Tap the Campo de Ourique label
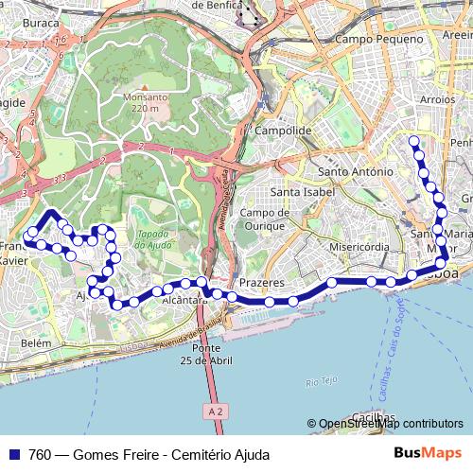pyautogui.click(x=263, y=219)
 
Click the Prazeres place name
pyautogui.click(x=262, y=283)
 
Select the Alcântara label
pyautogui.click(x=184, y=300)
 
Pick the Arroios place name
pyautogui.click(x=437, y=98)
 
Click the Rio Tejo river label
pyautogui.click(x=322, y=382)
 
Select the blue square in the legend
pyautogui.click(x=15, y=454)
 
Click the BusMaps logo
pyautogui.click(x=427, y=453)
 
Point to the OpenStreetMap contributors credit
pyautogui.click(x=385, y=424)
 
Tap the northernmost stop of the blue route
pyautogui.click(x=413, y=141)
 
